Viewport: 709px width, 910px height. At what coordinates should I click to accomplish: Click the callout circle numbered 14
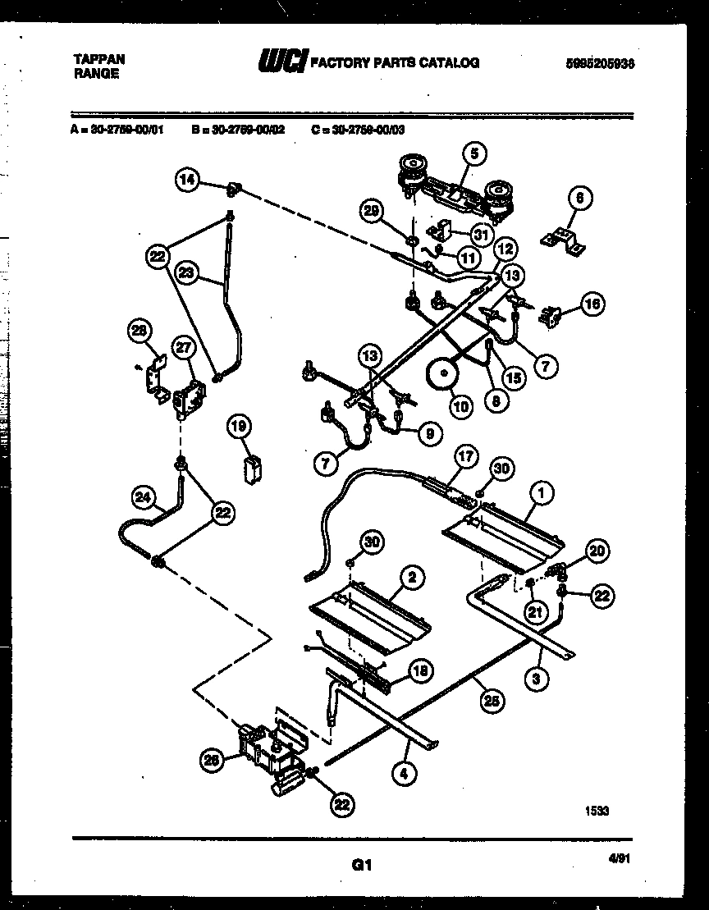pyautogui.click(x=190, y=181)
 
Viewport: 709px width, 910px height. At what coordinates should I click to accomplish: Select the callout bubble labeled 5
pyautogui.click(x=473, y=152)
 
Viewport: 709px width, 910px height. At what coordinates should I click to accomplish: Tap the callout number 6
pyautogui.click(x=579, y=198)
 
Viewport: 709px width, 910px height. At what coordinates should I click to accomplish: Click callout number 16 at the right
pyautogui.click(x=592, y=304)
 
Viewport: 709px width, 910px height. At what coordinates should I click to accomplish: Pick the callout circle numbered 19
pyautogui.click(x=239, y=426)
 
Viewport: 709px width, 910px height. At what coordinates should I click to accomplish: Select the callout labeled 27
pyautogui.click(x=183, y=348)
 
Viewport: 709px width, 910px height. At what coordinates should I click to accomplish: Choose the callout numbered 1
pyautogui.click(x=541, y=492)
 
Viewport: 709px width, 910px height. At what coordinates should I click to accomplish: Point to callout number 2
pyautogui.click(x=411, y=578)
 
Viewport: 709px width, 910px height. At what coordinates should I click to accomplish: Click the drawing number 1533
pyautogui.click(x=597, y=811)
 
